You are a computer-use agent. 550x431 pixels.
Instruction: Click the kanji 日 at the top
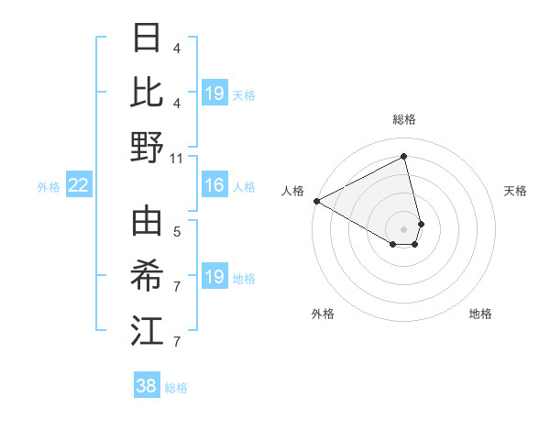146,39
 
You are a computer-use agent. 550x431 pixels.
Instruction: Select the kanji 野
146,147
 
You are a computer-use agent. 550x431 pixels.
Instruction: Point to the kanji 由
146,224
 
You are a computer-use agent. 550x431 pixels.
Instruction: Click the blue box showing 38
147,386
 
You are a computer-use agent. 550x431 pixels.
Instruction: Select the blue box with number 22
79,186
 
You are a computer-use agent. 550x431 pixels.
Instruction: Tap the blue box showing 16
214,186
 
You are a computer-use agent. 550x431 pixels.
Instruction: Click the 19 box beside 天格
214,94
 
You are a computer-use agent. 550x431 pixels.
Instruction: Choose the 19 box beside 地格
214,277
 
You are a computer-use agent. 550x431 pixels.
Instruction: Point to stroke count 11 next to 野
177,158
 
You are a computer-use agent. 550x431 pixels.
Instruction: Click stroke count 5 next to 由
177,234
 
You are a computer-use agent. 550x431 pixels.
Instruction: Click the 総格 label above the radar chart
404,119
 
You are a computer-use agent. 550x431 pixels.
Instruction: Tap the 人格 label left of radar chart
292,191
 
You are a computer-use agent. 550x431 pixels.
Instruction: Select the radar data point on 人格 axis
316,201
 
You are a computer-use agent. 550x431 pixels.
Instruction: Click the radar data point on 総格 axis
404,157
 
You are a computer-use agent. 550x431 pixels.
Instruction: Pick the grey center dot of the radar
404,228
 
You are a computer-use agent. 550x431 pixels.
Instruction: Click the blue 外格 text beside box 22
49,187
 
